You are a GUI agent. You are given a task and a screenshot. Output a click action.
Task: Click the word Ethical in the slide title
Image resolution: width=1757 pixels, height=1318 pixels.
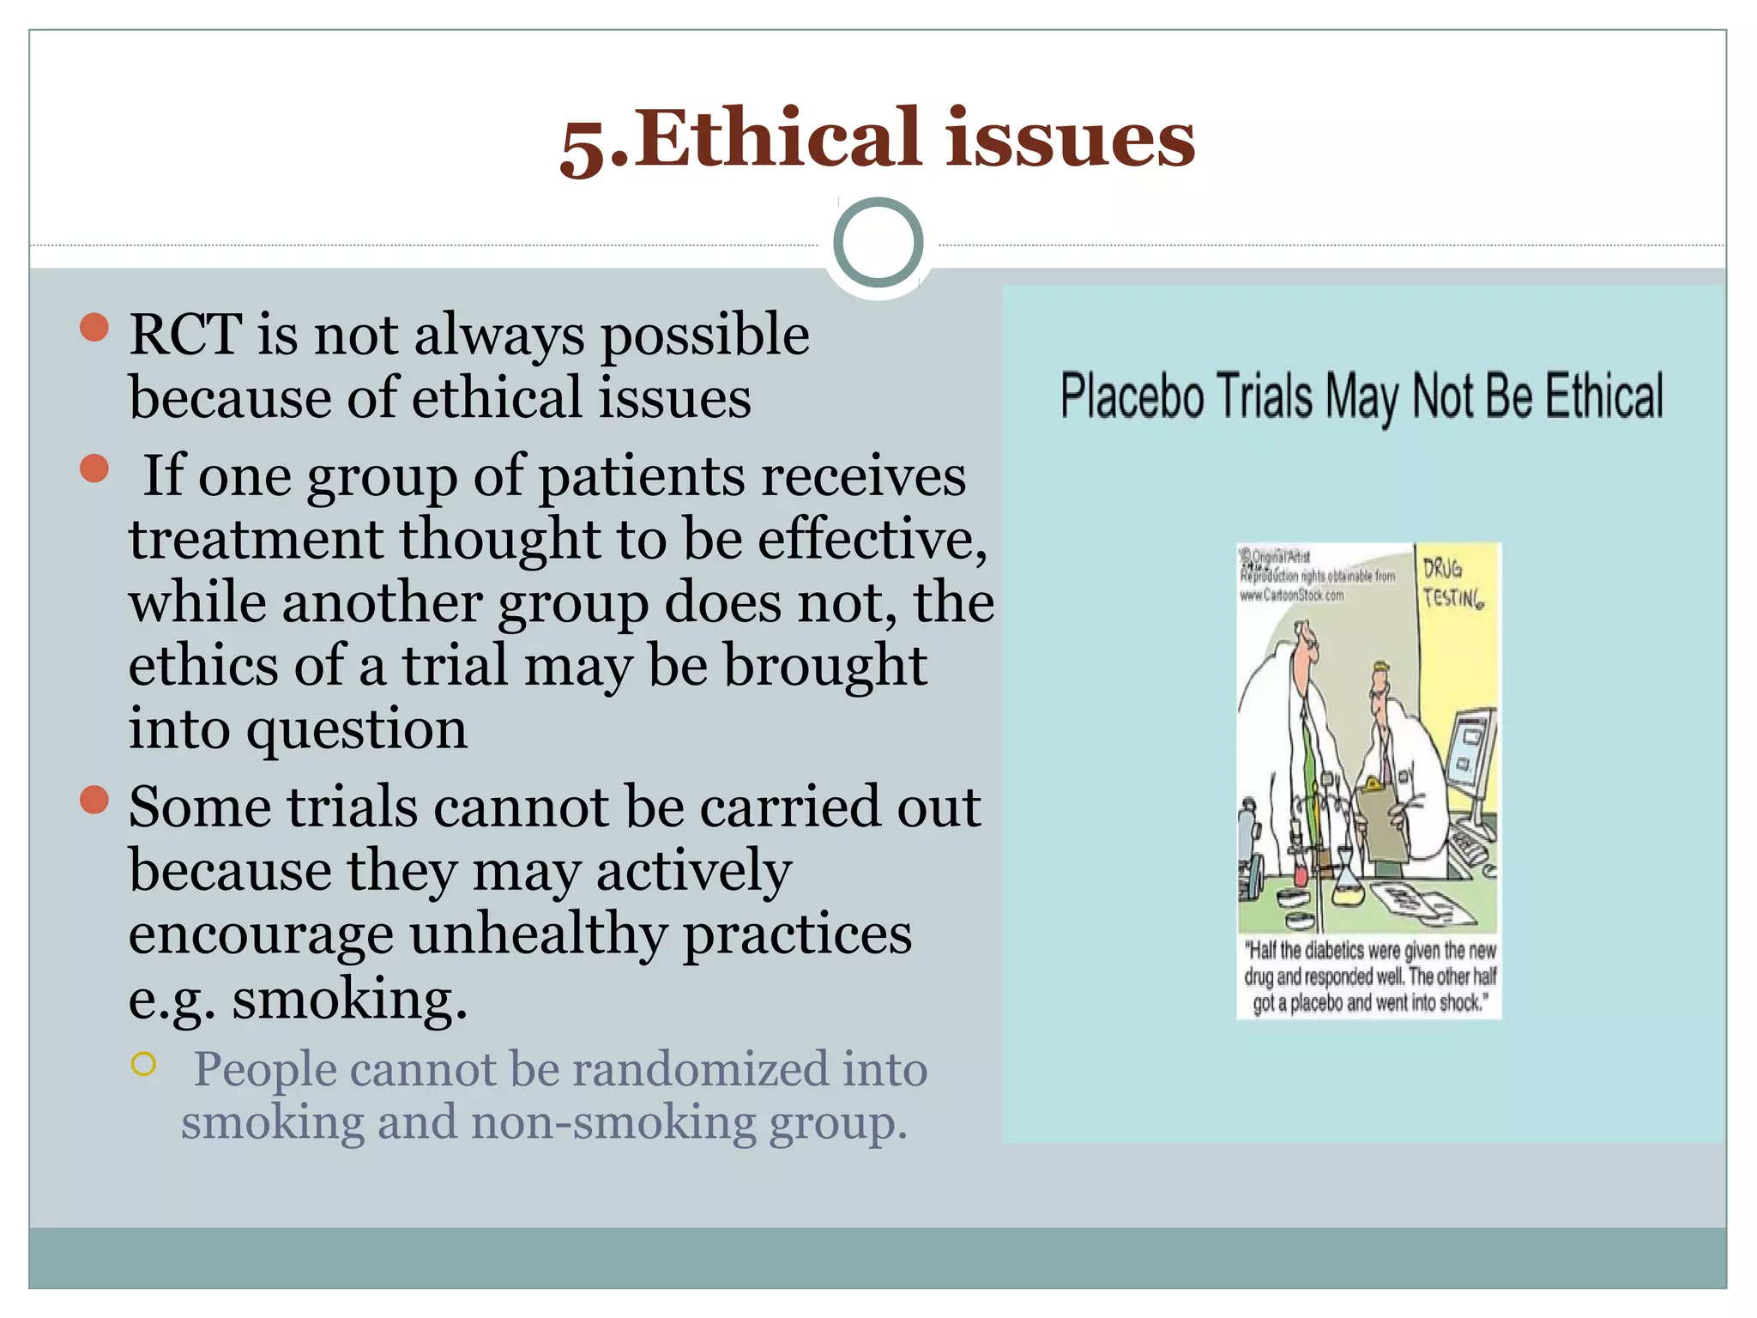pyautogui.click(x=777, y=137)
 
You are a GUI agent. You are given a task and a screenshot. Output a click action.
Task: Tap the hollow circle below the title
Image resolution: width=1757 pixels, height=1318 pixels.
pyautogui.click(x=878, y=242)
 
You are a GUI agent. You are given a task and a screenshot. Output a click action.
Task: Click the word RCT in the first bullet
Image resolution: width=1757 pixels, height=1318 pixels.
pyautogui.click(x=184, y=334)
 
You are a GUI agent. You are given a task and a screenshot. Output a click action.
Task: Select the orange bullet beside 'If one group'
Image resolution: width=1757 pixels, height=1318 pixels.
pyautogui.click(x=94, y=469)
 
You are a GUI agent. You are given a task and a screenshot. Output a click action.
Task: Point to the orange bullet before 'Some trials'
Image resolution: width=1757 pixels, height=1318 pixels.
pyautogui.click(x=94, y=800)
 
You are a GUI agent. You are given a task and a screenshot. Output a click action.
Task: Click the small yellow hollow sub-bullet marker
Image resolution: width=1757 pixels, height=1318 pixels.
pyautogui.click(x=143, y=1064)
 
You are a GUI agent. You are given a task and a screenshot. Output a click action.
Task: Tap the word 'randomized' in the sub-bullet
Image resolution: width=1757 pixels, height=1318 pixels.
pyautogui.click(x=700, y=1069)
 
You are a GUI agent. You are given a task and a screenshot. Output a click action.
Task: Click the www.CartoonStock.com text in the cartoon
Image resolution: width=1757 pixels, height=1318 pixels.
pyautogui.click(x=1291, y=596)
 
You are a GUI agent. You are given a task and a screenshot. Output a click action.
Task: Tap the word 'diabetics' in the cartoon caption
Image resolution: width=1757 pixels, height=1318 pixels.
pyautogui.click(x=1334, y=951)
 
